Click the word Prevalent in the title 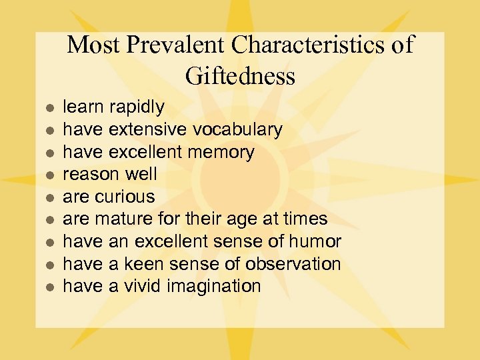[176, 45]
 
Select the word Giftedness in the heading [240, 76]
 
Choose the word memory [221, 152]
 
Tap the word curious [125, 197]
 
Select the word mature [124, 219]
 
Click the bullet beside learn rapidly [47, 107]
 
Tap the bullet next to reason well [47, 175]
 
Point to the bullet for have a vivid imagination [47, 287]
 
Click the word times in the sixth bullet [305, 219]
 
